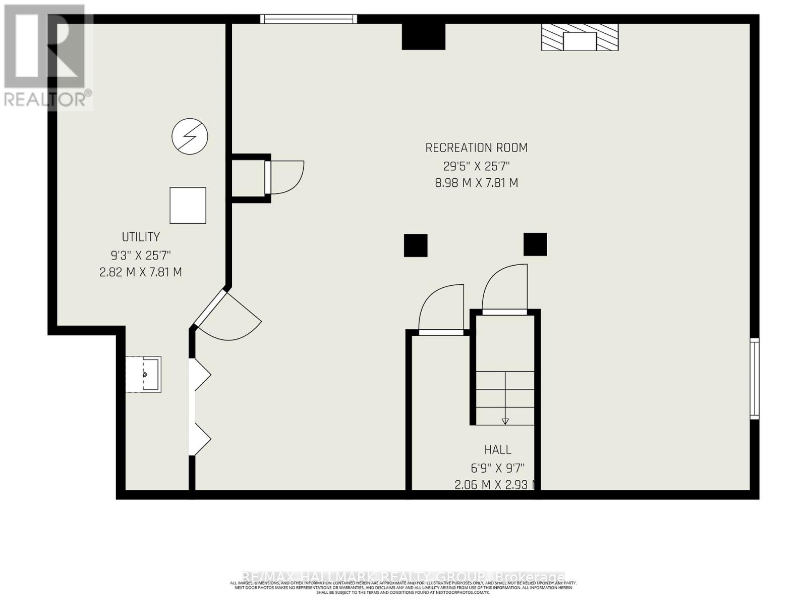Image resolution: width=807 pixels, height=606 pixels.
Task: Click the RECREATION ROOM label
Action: point(476,148)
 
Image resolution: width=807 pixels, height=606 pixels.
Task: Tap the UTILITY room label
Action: point(141,237)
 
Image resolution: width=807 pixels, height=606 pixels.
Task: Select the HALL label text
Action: point(497,449)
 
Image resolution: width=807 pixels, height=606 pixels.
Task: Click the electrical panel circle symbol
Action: point(190,136)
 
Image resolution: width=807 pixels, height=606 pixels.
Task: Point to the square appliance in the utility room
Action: point(188,205)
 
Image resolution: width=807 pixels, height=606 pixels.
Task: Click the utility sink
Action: point(144,374)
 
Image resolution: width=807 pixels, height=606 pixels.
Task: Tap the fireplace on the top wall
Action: point(580,38)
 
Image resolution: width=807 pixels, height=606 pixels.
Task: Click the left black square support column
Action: point(416,245)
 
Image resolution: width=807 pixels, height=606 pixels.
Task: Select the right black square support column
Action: point(535,244)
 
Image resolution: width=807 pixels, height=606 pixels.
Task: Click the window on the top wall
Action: point(309,19)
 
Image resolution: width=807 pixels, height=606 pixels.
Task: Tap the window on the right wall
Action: point(754,379)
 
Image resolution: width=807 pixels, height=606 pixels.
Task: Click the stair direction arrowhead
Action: point(505,421)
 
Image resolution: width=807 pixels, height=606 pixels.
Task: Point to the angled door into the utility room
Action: point(227,313)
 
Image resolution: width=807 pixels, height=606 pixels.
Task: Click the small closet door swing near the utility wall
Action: point(285,177)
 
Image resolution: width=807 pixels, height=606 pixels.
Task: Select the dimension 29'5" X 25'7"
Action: point(476,166)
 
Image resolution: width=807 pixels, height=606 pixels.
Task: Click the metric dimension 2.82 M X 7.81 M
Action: point(141,272)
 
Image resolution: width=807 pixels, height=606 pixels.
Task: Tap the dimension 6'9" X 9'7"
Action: point(497,468)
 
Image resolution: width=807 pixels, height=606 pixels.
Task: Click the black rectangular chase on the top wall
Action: point(423,36)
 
